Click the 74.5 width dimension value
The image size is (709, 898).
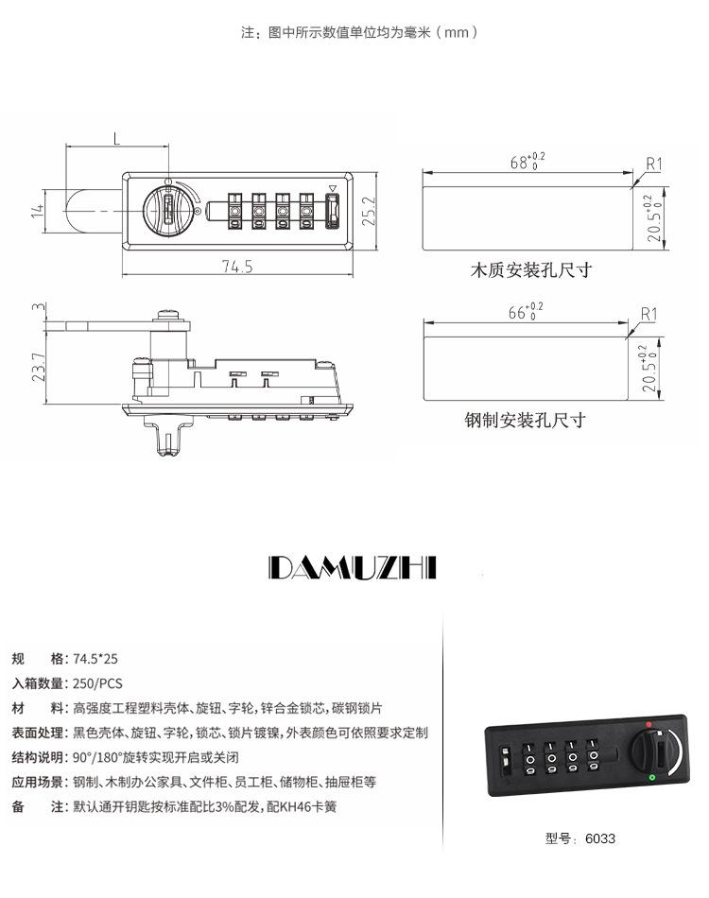(x=237, y=267)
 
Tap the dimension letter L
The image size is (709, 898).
(x=116, y=139)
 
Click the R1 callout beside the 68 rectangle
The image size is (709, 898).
(x=653, y=164)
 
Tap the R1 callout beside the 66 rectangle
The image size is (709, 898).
(x=648, y=314)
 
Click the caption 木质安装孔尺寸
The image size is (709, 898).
(x=531, y=270)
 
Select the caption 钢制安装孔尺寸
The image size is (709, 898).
(x=526, y=420)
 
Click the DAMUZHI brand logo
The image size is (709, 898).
(x=354, y=567)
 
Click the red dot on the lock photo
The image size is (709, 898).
(x=648, y=725)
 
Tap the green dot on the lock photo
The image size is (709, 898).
(x=653, y=778)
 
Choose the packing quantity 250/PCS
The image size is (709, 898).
(x=98, y=683)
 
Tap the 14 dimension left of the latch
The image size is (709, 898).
(x=39, y=211)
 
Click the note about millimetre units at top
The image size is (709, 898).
(x=359, y=32)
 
